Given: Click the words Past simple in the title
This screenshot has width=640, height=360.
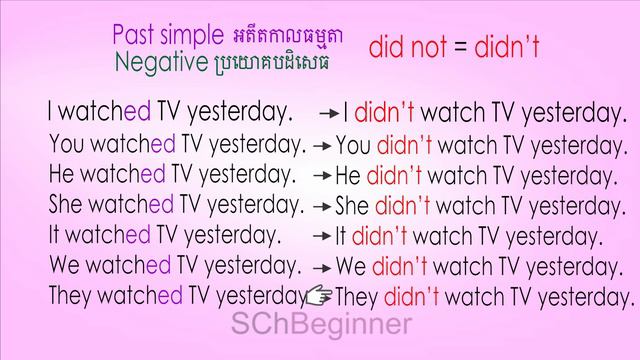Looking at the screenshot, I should click(168, 36).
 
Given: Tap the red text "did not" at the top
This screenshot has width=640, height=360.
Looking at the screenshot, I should click(402, 46).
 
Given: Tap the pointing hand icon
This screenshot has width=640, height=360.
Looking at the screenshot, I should click(319, 295).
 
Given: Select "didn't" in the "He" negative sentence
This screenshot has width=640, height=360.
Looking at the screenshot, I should click(396, 176).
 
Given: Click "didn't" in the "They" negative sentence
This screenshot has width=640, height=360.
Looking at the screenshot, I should click(413, 297).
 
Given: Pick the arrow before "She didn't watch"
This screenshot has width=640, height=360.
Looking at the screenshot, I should click(321, 207).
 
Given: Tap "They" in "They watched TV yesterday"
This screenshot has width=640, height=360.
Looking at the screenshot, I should click(74, 296).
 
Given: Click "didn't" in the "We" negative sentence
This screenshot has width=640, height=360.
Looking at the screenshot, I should click(399, 267).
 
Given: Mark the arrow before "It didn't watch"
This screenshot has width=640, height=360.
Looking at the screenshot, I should click(321, 237).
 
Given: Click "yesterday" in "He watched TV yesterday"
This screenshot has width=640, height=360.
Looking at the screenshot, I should click(247, 175).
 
